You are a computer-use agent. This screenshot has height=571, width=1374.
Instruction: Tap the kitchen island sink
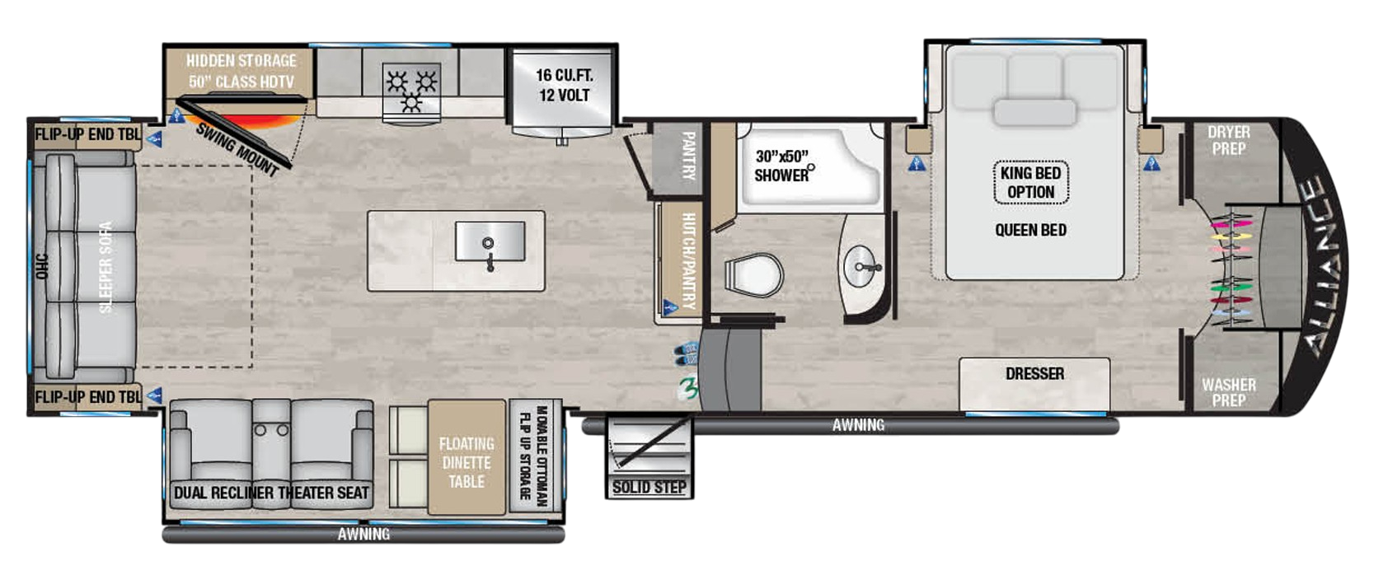coord(490,242)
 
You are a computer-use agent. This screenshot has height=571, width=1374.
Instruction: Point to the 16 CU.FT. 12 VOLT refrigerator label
coord(564,85)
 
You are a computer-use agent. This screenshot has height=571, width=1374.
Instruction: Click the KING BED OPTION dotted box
coord(1030,182)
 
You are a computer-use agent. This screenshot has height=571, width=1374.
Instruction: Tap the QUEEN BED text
coord(1030,230)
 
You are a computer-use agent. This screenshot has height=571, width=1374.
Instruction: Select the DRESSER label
coord(1034,374)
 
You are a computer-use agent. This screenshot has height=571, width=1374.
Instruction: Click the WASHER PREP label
coord(1228,392)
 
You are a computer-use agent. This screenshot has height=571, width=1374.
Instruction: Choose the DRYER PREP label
coord(1228,141)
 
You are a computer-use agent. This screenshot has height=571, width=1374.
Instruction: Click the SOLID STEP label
coord(649,487)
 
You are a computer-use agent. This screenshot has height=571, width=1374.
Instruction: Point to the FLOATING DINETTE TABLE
coord(467,461)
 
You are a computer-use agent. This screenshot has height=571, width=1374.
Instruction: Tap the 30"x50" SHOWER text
coord(781,166)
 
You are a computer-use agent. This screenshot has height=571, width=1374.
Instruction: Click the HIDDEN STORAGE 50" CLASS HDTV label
coord(241,71)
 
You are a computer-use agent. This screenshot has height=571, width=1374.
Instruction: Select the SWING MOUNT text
coord(237,149)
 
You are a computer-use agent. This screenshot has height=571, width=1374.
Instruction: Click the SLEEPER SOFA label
coord(106,266)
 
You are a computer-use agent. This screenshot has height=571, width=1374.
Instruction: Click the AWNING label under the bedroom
coord(858,425)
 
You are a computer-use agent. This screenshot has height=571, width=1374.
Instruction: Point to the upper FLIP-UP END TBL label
coord(87,134)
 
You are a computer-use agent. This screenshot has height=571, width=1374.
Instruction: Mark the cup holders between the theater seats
coord(271,430)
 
